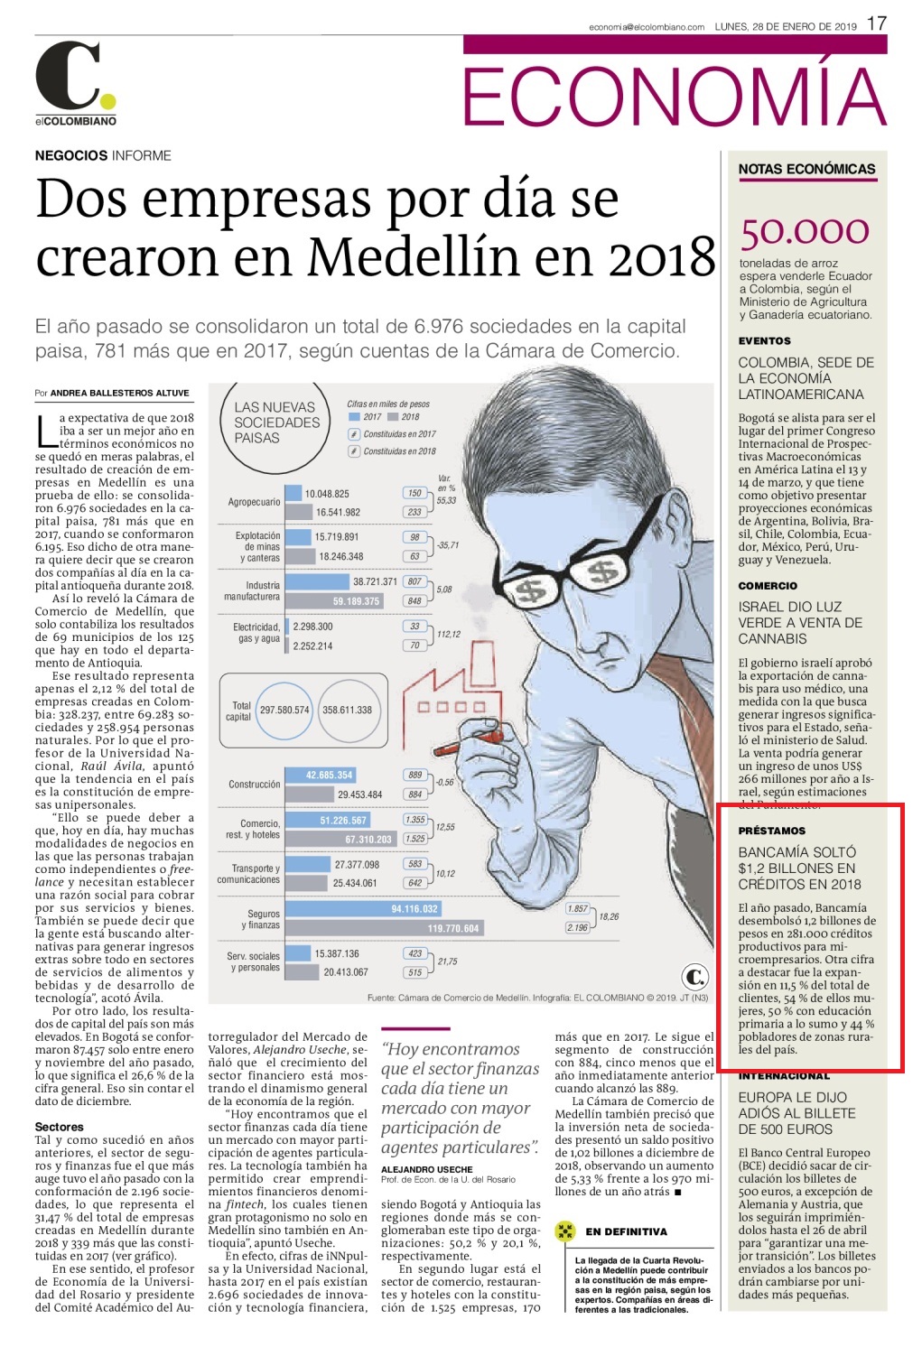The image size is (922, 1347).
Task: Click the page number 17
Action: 876,23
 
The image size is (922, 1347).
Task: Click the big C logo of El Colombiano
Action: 68,75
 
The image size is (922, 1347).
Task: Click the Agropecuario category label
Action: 254,502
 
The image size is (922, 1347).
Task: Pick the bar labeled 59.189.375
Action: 334,600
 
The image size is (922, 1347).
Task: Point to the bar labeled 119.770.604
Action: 385,928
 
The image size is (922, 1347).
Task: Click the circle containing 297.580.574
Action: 284,710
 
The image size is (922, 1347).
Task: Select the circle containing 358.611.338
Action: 347,710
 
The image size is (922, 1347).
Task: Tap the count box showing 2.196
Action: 577,927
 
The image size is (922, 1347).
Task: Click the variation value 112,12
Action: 449,634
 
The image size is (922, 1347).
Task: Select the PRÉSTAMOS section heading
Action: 771,831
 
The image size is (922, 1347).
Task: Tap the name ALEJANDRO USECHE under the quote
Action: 426,1169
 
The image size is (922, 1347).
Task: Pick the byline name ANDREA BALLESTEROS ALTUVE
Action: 120,393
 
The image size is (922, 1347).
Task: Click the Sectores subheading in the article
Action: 59,1127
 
